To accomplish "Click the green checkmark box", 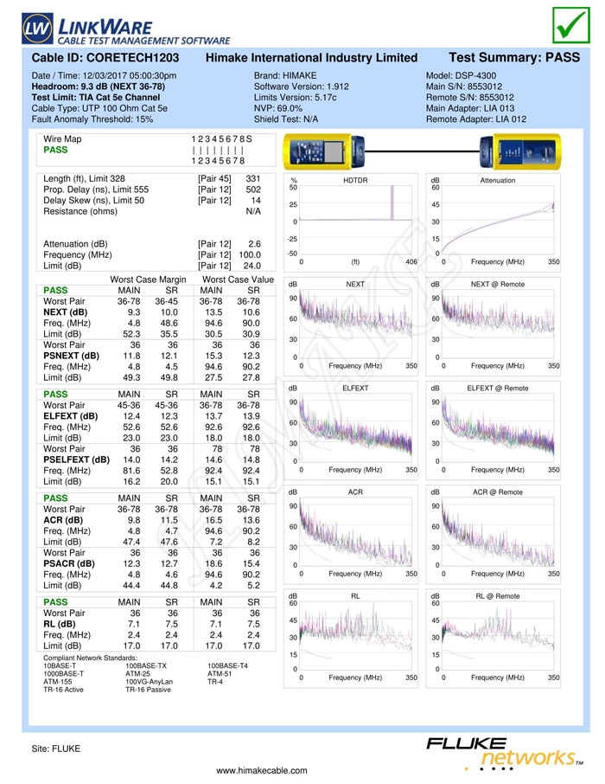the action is coord(571,25).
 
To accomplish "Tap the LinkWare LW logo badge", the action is coord(37,28).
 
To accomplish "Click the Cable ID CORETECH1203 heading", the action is coord(105,57).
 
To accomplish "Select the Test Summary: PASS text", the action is coord(514,57).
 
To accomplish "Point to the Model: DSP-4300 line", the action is coord(462,75).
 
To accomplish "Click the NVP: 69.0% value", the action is coord(278,108).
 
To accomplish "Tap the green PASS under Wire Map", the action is coord(55,150).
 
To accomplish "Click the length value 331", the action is coord(252,178).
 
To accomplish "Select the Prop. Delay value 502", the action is coord(252,190).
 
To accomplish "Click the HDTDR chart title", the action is coord(355,180).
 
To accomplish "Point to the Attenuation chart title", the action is coord(498,180).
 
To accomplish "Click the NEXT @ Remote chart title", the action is coord(498,284).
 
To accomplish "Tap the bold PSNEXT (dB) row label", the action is coord(72,356).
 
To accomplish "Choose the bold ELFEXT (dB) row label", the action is coord(71,416).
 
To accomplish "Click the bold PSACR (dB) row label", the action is coord(69,563).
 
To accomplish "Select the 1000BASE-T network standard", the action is coord(63,673).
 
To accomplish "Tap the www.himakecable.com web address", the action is coord(262,770).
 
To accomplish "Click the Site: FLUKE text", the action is coord(56,749).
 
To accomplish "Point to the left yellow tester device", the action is coord(324,151).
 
